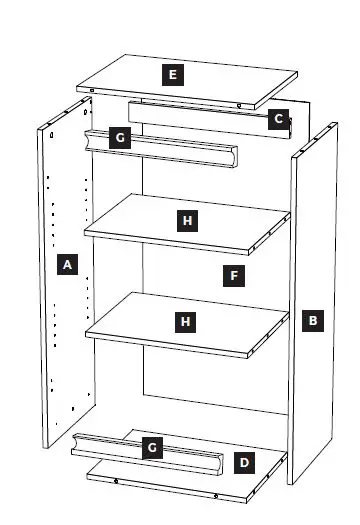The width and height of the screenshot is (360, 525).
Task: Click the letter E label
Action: (x=174, y=74)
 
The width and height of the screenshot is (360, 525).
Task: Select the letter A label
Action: (x=67, y=265)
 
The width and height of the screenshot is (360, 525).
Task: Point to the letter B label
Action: (x=313, y=321)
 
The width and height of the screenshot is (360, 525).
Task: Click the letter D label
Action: (x=244, y=462)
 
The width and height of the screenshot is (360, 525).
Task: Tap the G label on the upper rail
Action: (x=119, y=137)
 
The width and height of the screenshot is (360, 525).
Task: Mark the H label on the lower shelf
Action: (x=185, y=321)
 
